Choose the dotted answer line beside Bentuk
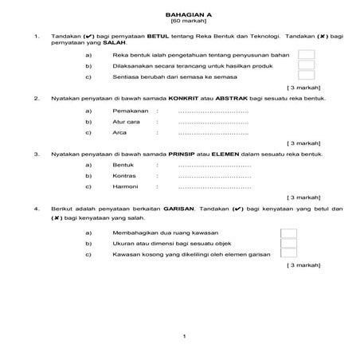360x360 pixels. coord(213,163)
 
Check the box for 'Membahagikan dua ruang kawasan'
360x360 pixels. coord(289,233)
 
